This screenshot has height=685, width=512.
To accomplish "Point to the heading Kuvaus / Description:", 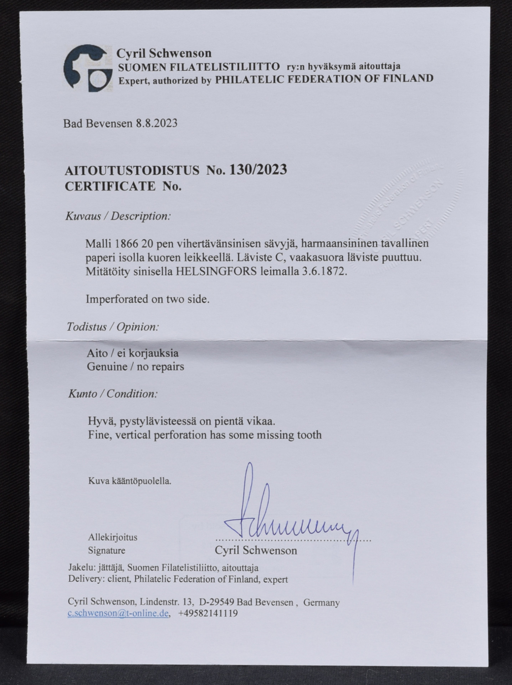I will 118,216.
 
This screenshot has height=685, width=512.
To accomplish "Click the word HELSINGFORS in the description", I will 216,272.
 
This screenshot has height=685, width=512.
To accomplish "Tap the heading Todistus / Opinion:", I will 113,327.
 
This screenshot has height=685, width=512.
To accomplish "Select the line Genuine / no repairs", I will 135,366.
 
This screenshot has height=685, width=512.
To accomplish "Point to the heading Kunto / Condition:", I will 113,394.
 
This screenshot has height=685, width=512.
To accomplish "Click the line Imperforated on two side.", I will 147,299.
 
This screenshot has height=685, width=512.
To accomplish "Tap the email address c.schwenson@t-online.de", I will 118,613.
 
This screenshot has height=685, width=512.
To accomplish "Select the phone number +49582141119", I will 208,613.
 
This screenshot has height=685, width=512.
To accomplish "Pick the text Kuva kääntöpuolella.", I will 130,481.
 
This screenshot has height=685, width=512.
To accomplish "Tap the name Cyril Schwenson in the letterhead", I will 164,54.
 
